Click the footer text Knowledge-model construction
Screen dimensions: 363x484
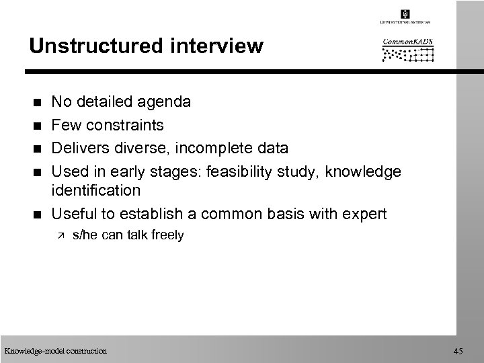coord(55,350)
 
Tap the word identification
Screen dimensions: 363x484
coord(96,190)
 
